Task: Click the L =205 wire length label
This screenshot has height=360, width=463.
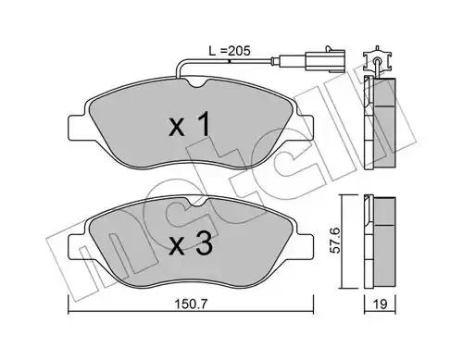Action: point(230,51)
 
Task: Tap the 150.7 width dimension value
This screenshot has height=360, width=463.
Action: point(191,304)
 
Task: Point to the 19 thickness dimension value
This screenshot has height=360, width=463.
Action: point(381,304)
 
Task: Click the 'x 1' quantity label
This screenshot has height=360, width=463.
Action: point(190,124)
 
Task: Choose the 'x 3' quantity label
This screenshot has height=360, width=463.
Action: point(191,243)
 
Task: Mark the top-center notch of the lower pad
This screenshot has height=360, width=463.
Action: point(199,202)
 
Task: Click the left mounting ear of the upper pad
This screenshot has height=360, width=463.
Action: point(77,128)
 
